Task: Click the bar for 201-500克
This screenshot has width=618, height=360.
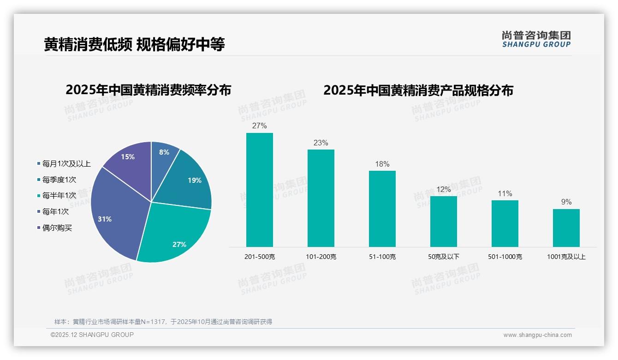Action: (259, 190)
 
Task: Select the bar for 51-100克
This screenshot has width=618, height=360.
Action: (382, 209)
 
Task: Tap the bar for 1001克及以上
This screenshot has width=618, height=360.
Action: (566, 228)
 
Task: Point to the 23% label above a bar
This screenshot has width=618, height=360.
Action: (321, 143)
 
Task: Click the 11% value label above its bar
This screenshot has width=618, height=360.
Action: (505, 194)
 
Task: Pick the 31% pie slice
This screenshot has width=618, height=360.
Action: (115, 217)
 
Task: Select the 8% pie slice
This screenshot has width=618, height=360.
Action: (163, 155)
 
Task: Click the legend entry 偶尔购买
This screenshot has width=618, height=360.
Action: (57, 228)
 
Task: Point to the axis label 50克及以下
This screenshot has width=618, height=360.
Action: (444, 257)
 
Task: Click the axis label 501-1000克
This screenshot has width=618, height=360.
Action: (505, 257)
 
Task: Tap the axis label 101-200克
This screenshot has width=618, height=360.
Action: (321, 257)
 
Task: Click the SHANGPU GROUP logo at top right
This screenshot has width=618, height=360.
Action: (536, 39)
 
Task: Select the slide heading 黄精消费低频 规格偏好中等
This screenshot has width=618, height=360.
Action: (134, 45)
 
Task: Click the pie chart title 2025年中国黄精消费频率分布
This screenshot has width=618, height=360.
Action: (148, 90)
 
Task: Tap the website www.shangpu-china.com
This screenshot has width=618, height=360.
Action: (537, 335)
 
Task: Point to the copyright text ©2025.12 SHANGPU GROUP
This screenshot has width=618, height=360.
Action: (92, 335)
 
